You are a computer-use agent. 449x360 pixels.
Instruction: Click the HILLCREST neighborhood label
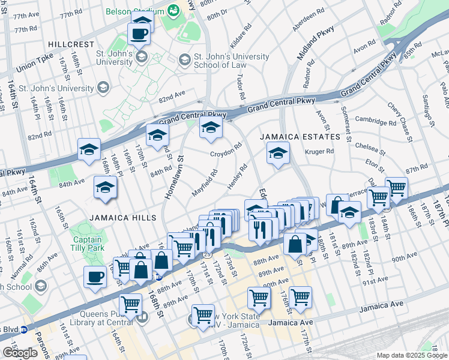[x=71, y=44]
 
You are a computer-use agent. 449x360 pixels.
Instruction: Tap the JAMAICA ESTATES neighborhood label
[x=300, y=137]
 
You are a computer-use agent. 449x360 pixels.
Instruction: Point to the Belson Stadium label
[x=135, y=11]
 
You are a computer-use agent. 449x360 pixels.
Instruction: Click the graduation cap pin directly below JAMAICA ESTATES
[x=278, y=154]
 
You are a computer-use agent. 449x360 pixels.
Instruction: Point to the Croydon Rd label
[x=226, y=150]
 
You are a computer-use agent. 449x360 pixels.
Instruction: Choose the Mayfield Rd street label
[x=205, y=184]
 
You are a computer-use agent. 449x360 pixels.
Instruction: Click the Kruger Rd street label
[x=319, y=151]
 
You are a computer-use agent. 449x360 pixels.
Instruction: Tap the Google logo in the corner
[x=20, y=352]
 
